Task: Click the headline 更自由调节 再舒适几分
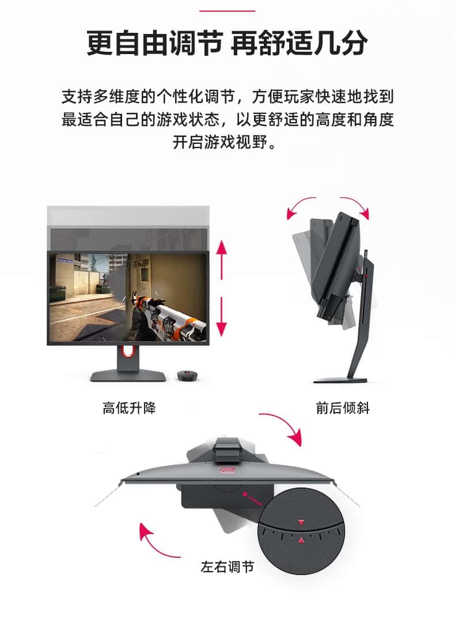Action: click(227, 43)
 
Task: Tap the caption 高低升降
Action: click(129, 408)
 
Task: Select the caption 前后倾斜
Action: click(343, 408)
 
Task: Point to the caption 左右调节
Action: click(227, 567)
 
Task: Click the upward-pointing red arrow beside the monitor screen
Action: click(221, 260)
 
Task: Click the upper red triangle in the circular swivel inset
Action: click(301, 522)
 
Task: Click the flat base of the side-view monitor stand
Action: click(340, 380)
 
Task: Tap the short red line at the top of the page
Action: click(227, 11)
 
